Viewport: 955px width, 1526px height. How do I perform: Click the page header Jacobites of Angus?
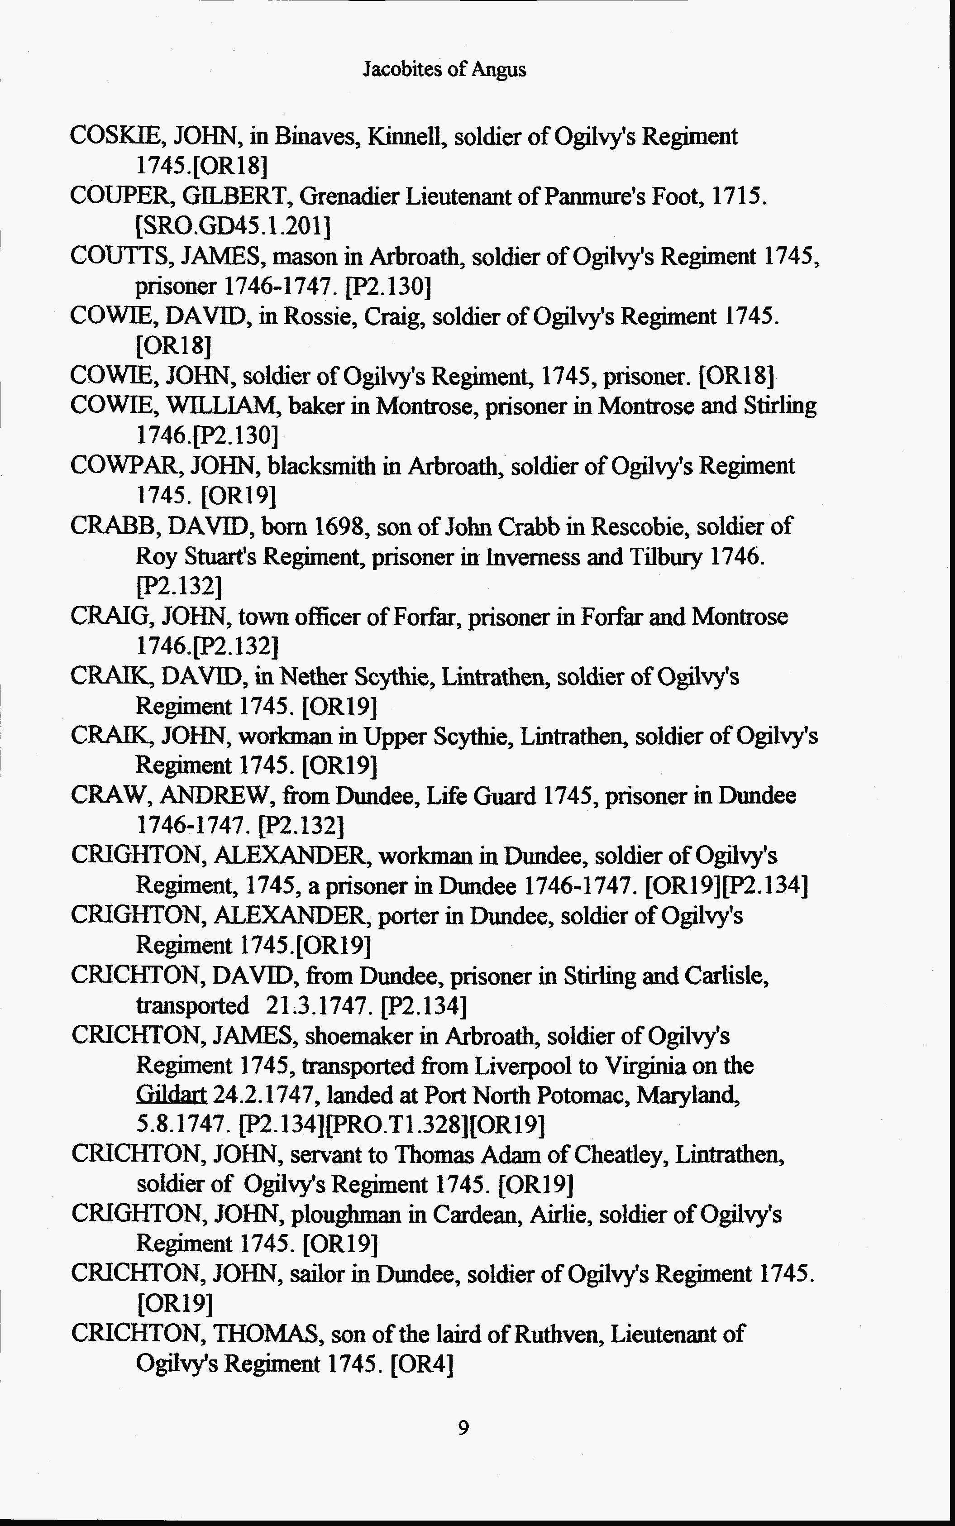pos(444,69)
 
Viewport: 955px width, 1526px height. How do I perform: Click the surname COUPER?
pos(122,196)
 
